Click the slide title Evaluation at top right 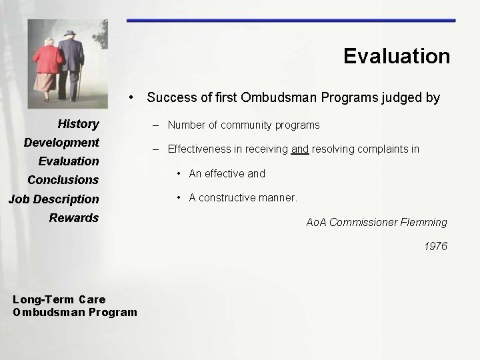point(397,56)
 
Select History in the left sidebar point(78,123)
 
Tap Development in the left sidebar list point(61,142)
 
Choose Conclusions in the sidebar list point(63,179)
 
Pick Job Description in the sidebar point(53,199)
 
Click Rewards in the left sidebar point(73,217)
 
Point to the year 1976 point(435,247)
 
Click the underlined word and point(299,149)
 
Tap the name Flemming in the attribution point(423,222)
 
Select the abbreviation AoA point(316,222)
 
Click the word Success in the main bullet point(171,98)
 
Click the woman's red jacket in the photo point(48,61)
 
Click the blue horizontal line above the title point(291,21)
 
